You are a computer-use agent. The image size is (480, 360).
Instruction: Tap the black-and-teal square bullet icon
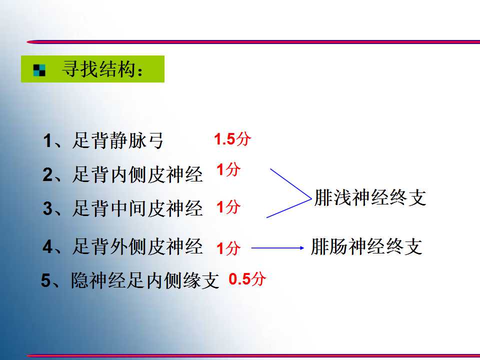[x=39, y=70]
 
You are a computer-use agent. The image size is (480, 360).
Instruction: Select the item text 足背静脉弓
[x=118, y=140]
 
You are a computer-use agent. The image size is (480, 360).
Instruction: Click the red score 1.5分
[x=232, y=139]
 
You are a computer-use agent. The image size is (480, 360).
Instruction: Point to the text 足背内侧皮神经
[x=137, y=174]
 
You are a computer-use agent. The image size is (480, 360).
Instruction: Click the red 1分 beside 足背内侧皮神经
[x=228, y=169]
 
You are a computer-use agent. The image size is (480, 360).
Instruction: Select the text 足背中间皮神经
[x=137, y=208]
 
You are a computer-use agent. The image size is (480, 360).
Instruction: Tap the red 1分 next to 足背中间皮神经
[x=228, y=206]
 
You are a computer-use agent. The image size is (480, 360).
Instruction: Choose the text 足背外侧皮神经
[x=137, y=246]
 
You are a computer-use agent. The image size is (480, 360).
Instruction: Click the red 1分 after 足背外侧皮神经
[x=228, y=248]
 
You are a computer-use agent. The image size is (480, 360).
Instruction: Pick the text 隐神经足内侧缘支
[x=145, y=280]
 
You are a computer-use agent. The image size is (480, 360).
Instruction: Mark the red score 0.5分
[x=247, y=279]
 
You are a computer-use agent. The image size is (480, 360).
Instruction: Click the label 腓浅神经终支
[x=370, y=197]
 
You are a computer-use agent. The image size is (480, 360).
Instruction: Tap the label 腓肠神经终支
[x=366, y=246]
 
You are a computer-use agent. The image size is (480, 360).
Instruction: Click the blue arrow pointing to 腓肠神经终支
[x=277, y=248]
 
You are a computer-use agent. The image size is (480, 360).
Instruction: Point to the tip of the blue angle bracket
[x=311, y=198]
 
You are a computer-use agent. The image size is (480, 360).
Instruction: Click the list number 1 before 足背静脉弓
[x=47, y=141]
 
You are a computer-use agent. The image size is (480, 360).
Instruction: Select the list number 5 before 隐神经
[x=46, y=280]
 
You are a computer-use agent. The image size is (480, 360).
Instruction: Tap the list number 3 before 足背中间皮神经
[x=47, y=208]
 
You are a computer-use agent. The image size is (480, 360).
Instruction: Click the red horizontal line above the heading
[x=253, y=42]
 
